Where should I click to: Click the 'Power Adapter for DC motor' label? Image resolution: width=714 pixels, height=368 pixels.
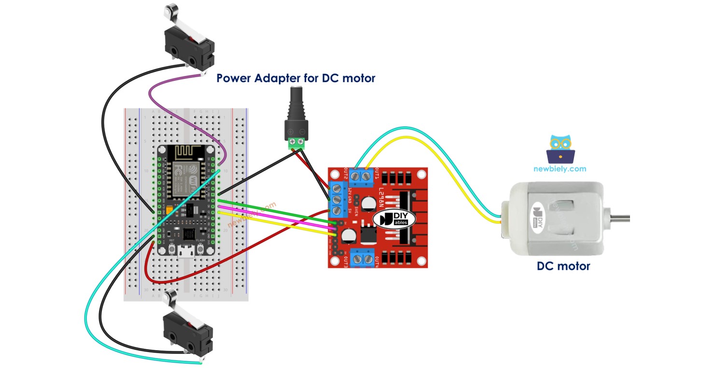[x=295, y=78]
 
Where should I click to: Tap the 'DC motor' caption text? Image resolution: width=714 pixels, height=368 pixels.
[x=563, y=266]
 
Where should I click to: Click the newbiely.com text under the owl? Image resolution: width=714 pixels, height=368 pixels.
[x=560, y=169]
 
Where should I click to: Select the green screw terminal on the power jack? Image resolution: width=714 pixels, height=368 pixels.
[x=296, y=143]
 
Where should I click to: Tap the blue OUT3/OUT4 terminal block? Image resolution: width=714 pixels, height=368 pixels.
[x=363, y=260]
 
